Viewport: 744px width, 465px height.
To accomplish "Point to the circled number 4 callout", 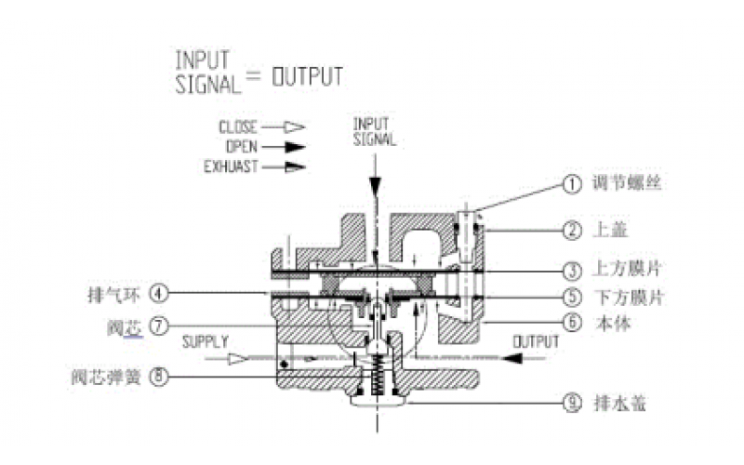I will point(160,295).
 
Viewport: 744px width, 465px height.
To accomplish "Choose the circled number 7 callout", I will point(160,326).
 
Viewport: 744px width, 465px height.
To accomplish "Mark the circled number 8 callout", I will point(160,377).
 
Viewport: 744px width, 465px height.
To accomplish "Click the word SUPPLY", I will point(205,341).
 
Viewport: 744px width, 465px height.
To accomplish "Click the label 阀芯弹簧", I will point(107,377).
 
